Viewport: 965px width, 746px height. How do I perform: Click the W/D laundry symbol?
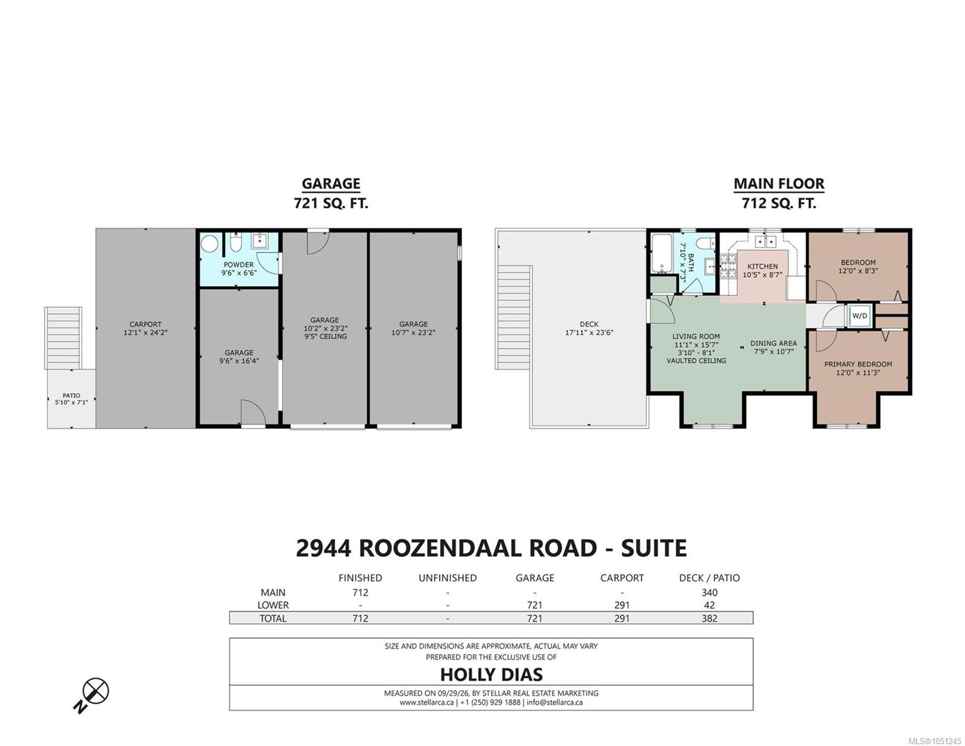pos(859,316)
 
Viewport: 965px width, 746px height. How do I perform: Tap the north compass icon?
pos(92,694)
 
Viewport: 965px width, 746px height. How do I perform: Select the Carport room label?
pos(145,328)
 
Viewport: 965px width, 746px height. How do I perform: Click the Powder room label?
pos(239,269)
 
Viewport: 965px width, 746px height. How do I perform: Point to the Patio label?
pos(72,398)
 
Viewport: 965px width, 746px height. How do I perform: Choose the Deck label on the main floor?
pos(589,328)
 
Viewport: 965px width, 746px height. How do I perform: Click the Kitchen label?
pos(762,270)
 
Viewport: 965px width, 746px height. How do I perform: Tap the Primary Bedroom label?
pos(858,368)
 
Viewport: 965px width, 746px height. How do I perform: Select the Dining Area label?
pos(773,347)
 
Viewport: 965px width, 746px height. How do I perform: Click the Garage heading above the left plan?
pos(331,183)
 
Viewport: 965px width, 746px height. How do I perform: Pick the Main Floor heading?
pos(779,183)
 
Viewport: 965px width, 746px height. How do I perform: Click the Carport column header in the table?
pos(622,578)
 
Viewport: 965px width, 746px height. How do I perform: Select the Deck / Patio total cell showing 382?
pos(709,618)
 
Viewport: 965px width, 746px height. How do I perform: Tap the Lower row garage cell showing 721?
pos(535,605)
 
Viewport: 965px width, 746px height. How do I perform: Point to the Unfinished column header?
pos(448,578)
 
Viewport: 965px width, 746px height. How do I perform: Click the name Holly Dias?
pos(491,675)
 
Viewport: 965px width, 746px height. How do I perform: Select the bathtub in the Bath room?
pos(661,254)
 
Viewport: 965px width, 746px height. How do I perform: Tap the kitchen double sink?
pos(765,241)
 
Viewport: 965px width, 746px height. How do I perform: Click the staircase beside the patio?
pos(63,338)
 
